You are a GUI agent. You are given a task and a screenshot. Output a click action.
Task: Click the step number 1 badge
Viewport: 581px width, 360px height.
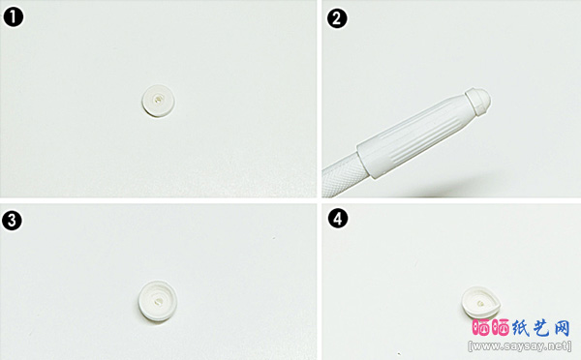pyautogui.click(x=13, y=17)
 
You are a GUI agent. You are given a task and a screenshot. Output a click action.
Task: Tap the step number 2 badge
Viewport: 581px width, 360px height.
pyautogui.click(x=336, y=18)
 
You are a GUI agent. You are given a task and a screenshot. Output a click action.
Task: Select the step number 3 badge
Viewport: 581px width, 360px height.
pyautogui.click(x=12, y=221)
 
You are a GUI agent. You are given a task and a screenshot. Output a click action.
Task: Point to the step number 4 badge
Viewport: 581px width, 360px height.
pyautogui.click(x=338, y=219)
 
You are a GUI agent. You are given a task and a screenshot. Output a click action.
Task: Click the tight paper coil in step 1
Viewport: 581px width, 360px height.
pyautogui.click(x=159, y=101)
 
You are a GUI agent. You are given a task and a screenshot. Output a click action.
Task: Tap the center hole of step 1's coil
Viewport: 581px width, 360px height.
pyautogui.click(x=158, y=100)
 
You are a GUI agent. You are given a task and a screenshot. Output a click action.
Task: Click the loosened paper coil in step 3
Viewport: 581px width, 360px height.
pyautogui.click(x=157, y=302)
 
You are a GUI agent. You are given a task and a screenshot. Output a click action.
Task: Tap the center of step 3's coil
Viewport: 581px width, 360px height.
pyautogui.click(x=158, y=302)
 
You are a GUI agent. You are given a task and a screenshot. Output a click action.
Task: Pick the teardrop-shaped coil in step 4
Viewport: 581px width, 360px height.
pyautogui.click(x=481, y=303)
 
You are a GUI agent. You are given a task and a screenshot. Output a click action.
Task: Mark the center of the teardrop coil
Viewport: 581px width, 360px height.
pyautogui.click(x=480, y=304)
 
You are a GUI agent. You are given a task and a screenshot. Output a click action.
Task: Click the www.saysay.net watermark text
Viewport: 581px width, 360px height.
pyautogui.click(x=519, y=346)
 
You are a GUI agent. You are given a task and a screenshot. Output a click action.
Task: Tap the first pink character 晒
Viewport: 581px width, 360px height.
pyautogui.click(x=482, y=328)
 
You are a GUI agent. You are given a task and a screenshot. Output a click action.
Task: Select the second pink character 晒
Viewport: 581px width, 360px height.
pyautogui.click(x=501, y=328)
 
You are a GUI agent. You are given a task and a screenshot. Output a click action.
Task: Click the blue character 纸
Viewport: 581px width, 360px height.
pyautogui.click(x=521, y=328)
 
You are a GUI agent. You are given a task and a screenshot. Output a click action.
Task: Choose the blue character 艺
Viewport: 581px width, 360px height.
pyautogui.click(x=540, y=328)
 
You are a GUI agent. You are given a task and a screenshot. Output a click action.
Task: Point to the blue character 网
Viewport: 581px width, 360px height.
pyautogui.click(x=561, y=328)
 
